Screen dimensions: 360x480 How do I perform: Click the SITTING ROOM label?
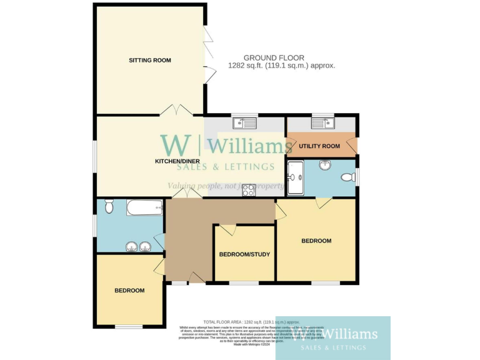[150, 61]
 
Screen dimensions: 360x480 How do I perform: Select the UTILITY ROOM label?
[319, 146]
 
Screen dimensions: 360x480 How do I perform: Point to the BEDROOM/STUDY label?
[244, 254]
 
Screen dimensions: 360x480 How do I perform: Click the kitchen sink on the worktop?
[240, 124]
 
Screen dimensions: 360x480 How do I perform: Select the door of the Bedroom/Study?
[227, 230]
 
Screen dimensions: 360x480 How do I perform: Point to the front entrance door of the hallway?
[197, 278]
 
